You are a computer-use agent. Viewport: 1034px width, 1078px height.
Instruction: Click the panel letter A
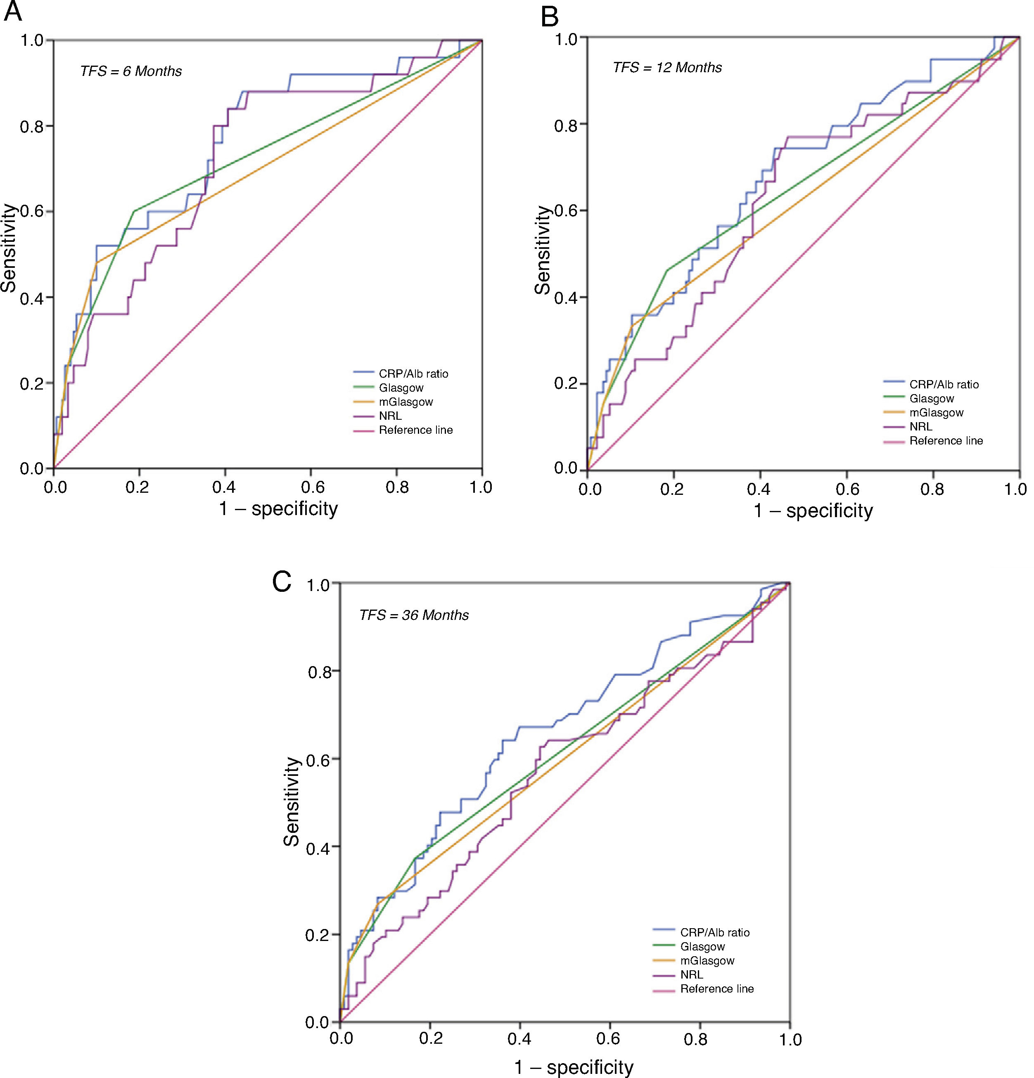coord(13,12)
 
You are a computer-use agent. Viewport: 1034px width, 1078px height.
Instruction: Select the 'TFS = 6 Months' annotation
coord(131,71)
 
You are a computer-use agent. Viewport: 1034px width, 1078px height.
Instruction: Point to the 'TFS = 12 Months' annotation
coord(667,68)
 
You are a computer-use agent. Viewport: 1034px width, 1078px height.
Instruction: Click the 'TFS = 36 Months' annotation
coord(414,615)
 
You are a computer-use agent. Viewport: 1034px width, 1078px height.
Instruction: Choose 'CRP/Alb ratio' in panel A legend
coord(413,374)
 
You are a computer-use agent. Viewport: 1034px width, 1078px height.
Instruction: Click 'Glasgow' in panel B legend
coord(932,399)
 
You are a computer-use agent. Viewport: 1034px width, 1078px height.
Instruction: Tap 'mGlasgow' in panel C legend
coord(707,960)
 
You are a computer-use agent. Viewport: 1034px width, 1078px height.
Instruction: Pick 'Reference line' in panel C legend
coord(716,989)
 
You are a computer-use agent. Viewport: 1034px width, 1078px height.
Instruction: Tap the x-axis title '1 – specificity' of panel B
coord(813,511)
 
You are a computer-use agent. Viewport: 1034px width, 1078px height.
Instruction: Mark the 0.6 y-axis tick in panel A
coord(32,212)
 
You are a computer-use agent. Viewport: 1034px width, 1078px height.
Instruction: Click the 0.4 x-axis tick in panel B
coord(760,489)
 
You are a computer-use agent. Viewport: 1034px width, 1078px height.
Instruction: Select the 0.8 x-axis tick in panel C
coord(700,1040)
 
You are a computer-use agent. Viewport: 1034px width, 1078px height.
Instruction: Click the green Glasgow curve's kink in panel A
coord(134,211)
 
